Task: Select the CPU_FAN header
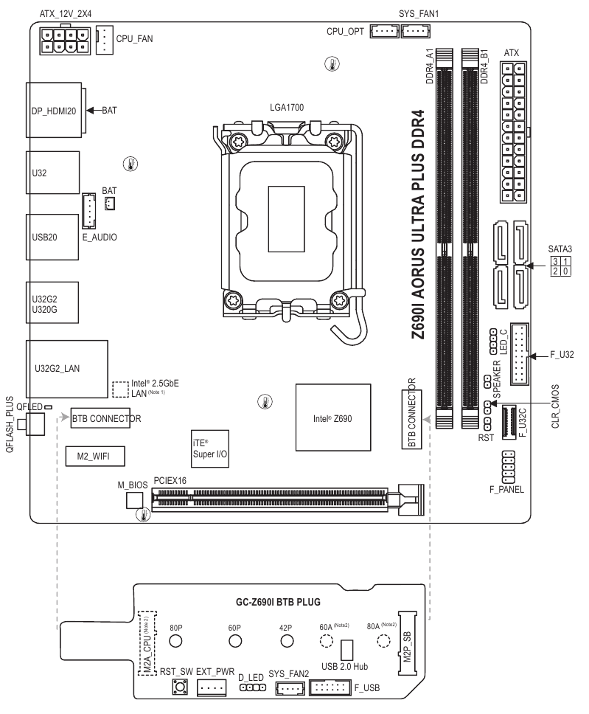pos(105,40)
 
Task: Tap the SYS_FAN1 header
pos(417,31)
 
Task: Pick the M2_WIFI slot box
pos(95,457)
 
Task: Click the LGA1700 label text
pos(287,108)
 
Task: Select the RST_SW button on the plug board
pos(178,687)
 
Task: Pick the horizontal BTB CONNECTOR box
pos(105,419)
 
